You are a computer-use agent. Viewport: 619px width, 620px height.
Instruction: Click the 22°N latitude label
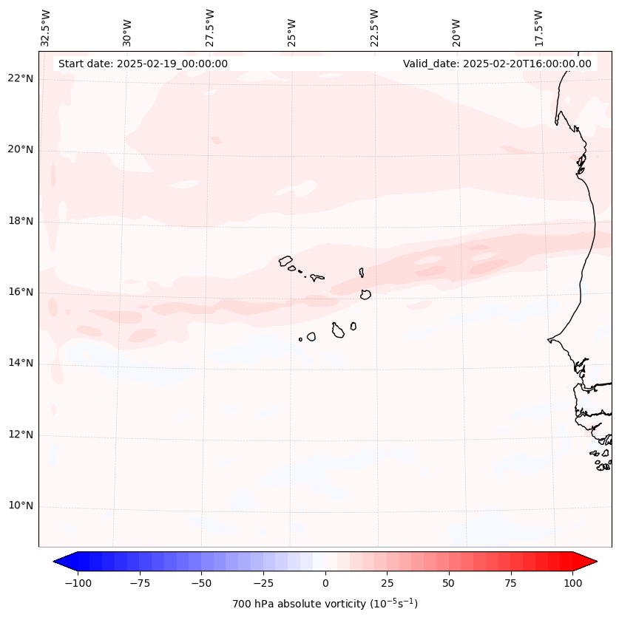[21, 79]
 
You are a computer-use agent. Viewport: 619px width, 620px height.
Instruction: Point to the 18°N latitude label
[21, 221]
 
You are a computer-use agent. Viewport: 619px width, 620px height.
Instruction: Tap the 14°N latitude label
[21, 363]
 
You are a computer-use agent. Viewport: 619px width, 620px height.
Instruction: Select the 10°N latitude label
[21, 506]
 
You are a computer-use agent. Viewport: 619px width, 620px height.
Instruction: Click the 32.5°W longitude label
[46, 28]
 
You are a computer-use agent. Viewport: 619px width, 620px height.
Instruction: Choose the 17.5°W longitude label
[538, 28]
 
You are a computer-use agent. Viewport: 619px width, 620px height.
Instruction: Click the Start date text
[143, 64]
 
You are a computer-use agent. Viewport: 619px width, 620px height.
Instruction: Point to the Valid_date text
[497, 64]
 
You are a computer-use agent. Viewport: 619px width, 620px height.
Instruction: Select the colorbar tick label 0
[325, 583]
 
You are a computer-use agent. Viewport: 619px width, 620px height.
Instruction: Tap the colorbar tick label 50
[449, 583]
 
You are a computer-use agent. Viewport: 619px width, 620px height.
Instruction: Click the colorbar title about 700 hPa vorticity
[325, 604]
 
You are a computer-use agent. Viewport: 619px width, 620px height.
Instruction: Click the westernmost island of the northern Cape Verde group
[285, 261]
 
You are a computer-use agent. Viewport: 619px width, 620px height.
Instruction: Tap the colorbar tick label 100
[572, 583]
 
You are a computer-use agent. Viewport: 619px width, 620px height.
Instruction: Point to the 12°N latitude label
[21, 435]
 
